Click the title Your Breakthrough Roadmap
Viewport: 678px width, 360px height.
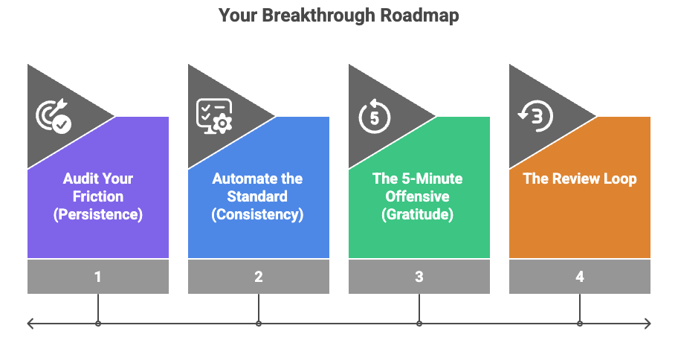pyautogui.click(x=338, y=16)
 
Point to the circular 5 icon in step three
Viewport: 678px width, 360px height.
pyautogui.click(x=375, y=116)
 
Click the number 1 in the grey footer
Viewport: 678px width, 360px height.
pyautogui.click(x=98, y=277)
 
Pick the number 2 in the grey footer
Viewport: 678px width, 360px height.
pyautogui.click(x=259, y=277)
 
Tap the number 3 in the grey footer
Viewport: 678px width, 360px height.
pyautogui.click(x=419, y=277)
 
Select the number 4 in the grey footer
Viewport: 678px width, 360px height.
pyautogui.click(x=580, y=277)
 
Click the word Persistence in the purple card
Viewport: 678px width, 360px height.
pyautogui.click(x=98, y=215)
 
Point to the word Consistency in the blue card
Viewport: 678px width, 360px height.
pyautogui.click(x=258, y=215)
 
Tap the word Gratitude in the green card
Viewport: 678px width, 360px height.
pyautogui.click(x=419, y=215)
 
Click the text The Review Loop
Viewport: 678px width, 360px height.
pyautogui.click(x=580, y=179)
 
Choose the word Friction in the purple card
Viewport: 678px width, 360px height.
pyautogui.click(x=98, y=197)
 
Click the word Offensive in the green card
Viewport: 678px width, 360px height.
pyautogui.click(x=419, y=197)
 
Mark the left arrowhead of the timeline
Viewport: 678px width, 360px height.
pyautogui.click(x=30, y=324)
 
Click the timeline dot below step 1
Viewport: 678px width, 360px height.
pyautogui.click(x=98, y=324)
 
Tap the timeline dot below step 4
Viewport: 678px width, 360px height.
pyautogui.click(x=580, y=324)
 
